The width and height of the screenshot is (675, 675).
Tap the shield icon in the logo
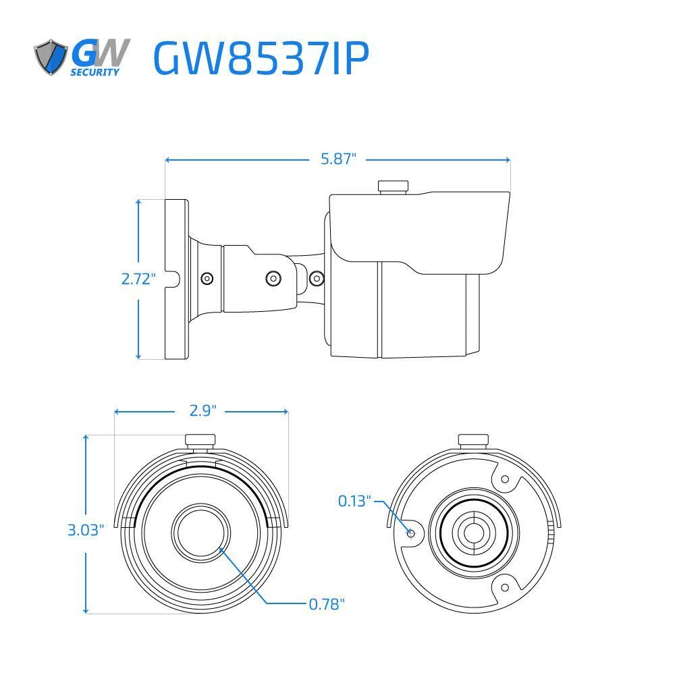51,57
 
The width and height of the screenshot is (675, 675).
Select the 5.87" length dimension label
338,159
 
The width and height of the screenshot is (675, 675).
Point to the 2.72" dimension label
138,278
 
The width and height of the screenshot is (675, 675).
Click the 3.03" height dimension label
86,530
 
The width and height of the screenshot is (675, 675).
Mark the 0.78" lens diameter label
327,603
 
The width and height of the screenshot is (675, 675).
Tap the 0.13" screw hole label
354,501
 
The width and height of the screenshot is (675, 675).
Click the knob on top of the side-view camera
394,186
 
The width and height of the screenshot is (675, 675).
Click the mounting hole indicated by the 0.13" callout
410,532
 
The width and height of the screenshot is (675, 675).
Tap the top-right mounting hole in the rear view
504,479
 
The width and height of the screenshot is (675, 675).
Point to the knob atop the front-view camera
200,441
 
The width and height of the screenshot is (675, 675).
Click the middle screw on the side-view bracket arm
273,277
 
